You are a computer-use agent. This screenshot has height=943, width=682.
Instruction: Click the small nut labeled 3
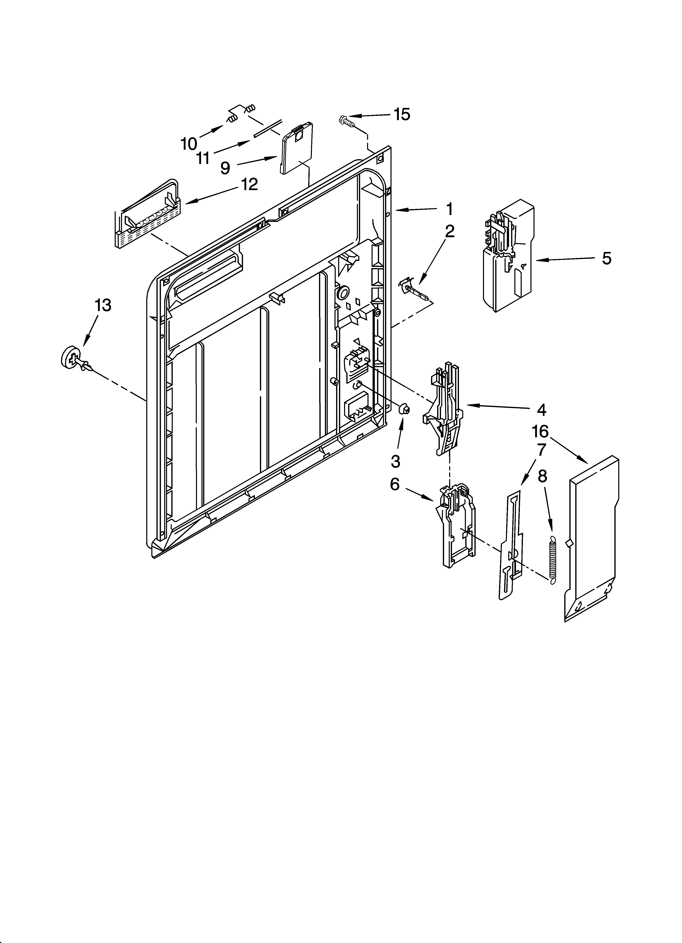404,410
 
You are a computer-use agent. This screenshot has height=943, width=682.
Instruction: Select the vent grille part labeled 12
147,216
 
